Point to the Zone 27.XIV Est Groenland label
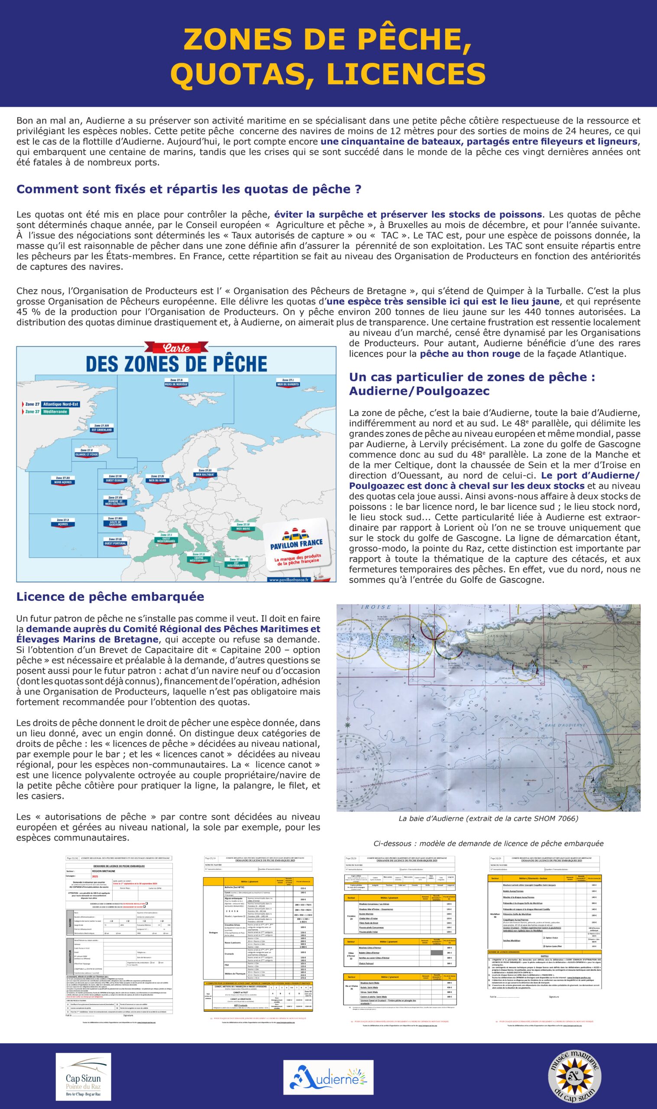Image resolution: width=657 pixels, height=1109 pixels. click(101, 428)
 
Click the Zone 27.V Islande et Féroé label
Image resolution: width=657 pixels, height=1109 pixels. click(86, 452)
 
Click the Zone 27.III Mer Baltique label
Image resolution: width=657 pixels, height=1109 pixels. click(204, 472)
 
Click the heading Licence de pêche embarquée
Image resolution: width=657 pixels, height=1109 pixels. click(110, 597)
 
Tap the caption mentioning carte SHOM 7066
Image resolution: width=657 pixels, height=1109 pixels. click(488, 819)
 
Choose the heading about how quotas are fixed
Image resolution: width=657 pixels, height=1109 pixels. click(188, 189)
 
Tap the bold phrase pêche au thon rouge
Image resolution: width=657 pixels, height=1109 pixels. click(470, 354)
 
